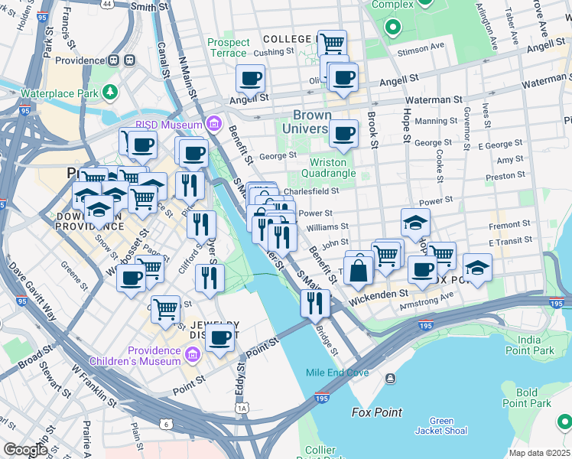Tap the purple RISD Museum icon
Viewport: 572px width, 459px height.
[213, 124]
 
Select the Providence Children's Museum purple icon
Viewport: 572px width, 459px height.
[192, 354]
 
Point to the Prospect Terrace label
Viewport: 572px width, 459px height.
[228, 48]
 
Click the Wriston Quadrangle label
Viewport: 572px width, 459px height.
[333, 168]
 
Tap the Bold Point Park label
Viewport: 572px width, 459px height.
[532, 398]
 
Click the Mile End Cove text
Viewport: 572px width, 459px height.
[337, 373]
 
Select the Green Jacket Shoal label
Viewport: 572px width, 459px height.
[441, 426]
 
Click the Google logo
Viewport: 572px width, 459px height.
[25, 449]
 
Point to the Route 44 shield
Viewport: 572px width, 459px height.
[107, 4]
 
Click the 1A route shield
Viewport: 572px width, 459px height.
[243, 409]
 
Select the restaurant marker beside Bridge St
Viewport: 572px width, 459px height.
[314, 304]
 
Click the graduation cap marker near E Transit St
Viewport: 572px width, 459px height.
[477, 268]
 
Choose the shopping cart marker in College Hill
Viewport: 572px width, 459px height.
[332, 44]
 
